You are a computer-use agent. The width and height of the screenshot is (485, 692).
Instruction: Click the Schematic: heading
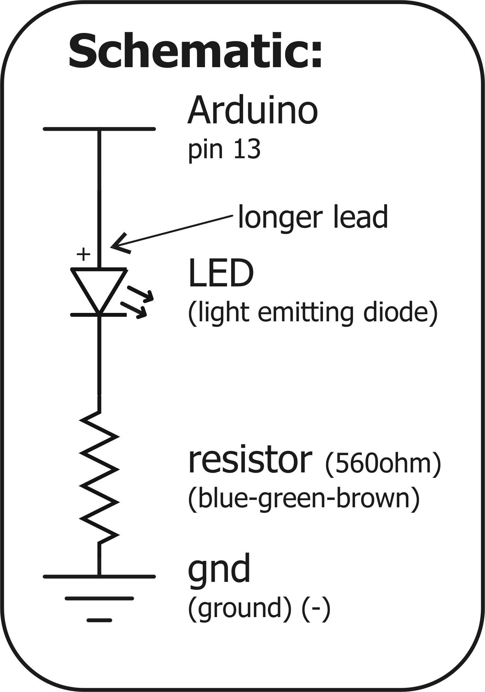(x=195, y=52)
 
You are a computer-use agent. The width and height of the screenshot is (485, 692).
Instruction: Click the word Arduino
(x=253, y=110)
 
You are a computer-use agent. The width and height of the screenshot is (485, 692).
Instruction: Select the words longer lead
(x=313, y=217)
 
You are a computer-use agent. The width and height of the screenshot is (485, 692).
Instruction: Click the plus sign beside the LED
(x=83, y=254)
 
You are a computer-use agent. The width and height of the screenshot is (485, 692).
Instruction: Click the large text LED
(x=221, y=274)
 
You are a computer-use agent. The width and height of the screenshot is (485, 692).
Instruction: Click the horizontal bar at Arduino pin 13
(x=99, y=129)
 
